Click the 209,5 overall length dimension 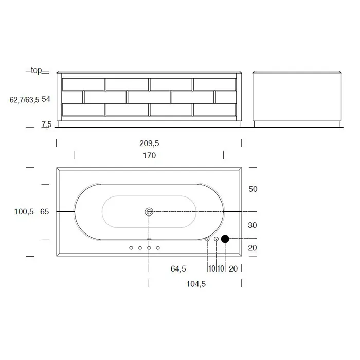pyautogui.click(x=149, y=143)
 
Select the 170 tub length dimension pyautogui.click(x=149, y=155)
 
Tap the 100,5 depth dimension pyautogui.click(x=24, y=212)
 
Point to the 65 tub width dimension pyautogui.click(x=45, y=212)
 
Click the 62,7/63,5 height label pyautogui.click(x=24, y=100)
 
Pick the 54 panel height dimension pyautogui.click(x=46, y=99)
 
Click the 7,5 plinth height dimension pyautogui.click(x=46, y=124)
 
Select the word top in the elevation pyautogui.click(x=37, y=70)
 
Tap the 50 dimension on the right pyautogui.click(x=253, y=189)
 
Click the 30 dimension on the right pyautogui.click(x=253, y=225)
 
